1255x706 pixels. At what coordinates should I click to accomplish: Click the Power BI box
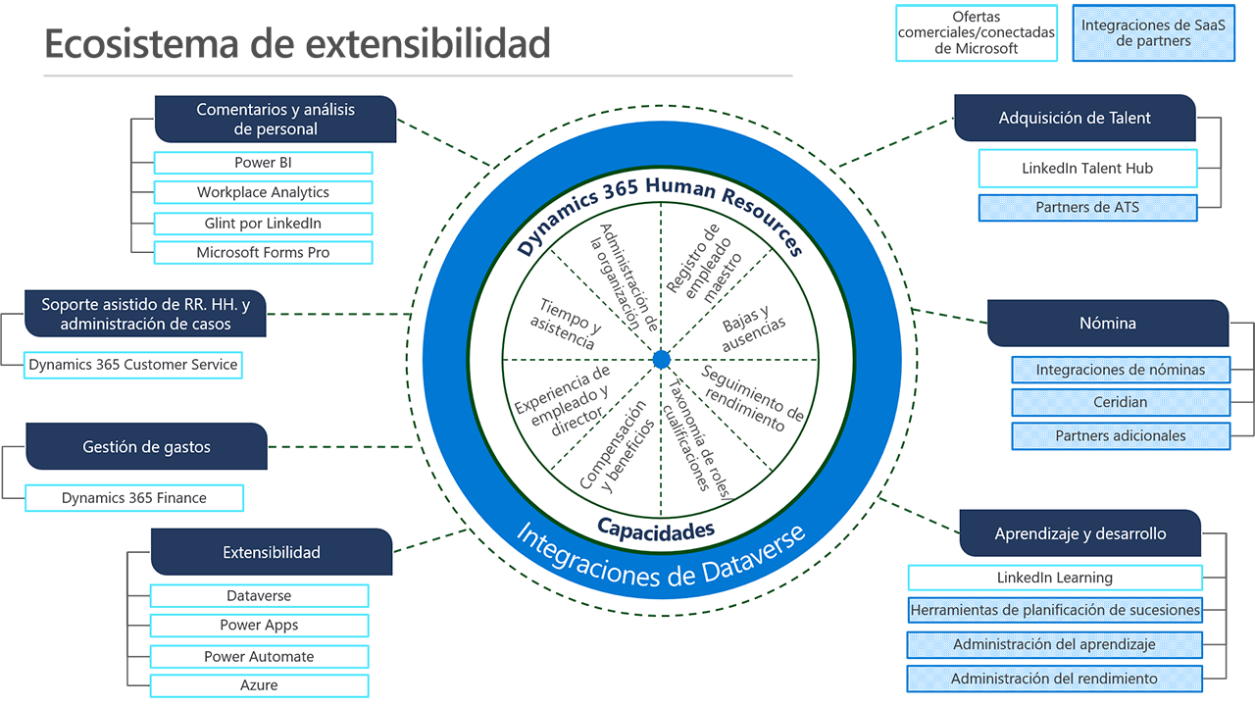tap(263, 163)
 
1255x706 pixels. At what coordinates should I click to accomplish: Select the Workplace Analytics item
tap(263, 192)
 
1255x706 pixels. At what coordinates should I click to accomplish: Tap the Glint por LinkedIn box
tap(263, 223)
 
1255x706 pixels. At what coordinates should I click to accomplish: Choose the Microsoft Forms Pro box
tap(263, 252)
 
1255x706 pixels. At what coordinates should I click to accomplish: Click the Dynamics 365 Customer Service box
tap(132, 365)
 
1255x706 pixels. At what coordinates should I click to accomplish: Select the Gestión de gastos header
tap(146, 447)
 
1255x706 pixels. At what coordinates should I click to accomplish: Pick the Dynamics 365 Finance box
tap(133, 498)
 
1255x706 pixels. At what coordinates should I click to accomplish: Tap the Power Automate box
tap(259, 656)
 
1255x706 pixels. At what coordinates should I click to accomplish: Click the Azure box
tap(259, 685)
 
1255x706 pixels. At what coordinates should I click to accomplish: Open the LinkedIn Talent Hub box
tap(1087, 169)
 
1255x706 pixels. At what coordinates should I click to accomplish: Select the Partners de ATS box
tap(1087, 208)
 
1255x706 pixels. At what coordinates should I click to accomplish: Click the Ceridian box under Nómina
tap(1121, 402)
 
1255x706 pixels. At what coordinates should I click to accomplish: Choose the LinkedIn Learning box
tap(1055, 578)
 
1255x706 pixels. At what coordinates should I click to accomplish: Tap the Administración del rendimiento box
tap(1055, 679)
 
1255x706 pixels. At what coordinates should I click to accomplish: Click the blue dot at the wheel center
tap(661, 360)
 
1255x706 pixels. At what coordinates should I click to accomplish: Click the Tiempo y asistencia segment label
tap(563, 325)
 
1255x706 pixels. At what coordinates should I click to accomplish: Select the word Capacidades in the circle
tap(656, 530)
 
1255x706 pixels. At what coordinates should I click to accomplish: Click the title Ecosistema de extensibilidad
tap(297, 44)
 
